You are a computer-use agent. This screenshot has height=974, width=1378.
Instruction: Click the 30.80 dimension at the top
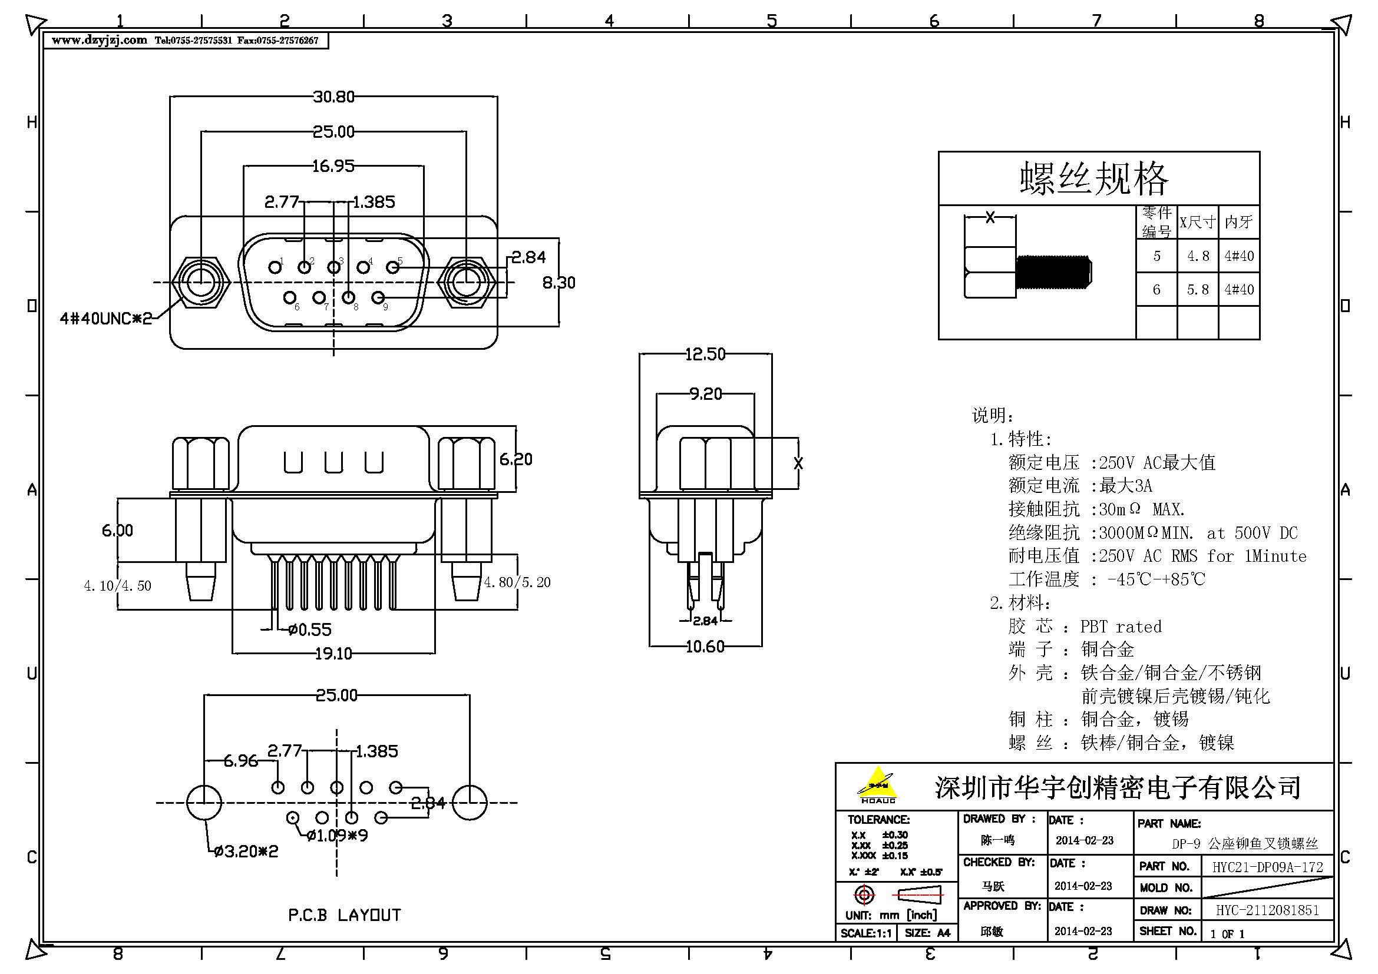333,97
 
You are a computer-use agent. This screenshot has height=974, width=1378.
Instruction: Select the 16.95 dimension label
333,166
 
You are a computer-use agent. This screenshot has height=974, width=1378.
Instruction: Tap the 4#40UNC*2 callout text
105,319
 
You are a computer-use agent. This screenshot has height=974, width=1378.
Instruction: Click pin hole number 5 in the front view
392,267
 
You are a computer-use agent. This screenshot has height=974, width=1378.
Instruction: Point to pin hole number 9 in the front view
378,297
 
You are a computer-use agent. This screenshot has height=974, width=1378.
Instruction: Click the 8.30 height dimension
559,283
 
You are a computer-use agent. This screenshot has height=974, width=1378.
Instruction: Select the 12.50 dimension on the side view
705,355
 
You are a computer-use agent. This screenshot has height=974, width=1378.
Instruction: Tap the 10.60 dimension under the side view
705,647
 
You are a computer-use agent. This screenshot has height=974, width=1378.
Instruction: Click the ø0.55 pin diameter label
309,630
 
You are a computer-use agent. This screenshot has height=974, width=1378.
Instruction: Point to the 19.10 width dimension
333,654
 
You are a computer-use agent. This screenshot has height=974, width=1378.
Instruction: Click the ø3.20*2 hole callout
246,852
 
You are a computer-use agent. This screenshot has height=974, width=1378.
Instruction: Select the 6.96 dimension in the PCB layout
241,761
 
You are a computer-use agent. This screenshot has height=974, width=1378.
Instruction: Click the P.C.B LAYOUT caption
345,915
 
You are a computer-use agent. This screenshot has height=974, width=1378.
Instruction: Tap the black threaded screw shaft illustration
1053,271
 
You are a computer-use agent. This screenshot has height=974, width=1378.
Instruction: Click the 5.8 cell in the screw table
1198,290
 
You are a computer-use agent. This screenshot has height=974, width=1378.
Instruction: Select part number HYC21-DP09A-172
1268,867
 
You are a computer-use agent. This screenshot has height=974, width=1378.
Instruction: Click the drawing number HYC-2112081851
1268,910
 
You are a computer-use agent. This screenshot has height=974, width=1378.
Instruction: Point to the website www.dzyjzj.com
99,40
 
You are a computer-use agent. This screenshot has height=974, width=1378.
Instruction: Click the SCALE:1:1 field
865,933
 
